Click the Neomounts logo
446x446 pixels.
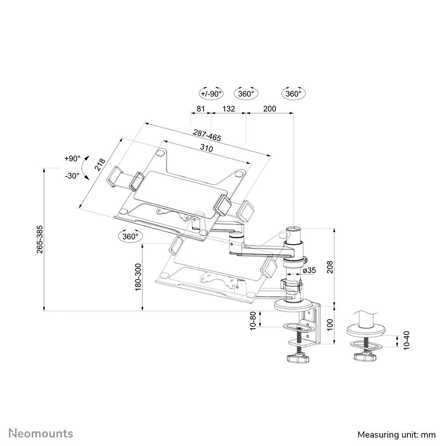point(41,433)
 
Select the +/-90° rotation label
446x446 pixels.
point(211,94)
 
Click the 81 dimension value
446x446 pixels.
point(200,108)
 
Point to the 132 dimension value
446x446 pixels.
point(228,108)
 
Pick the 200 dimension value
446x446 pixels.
point(269,108)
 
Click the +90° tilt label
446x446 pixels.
point(72,159)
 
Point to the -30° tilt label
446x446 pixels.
point(72,175)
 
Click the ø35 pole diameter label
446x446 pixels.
point(310,270)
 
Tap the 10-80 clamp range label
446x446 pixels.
point(253,320)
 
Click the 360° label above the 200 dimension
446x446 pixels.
point(294,94)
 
